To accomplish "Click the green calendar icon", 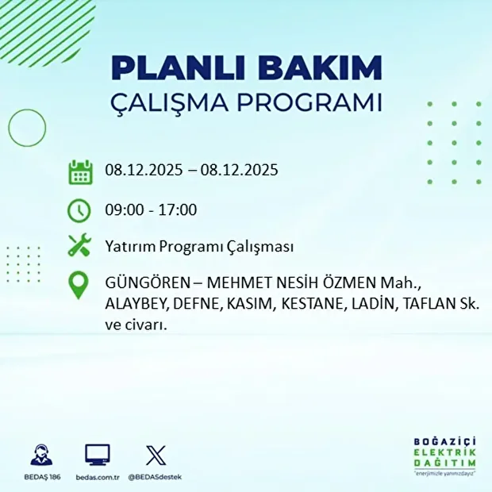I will pos(80,171).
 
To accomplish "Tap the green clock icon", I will pos(80,210).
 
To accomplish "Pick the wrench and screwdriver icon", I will pos(80,246).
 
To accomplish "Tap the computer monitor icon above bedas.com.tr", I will pos(98,455).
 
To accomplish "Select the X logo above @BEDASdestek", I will pos(156,455).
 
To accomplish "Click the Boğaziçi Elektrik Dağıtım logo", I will pos(445,456).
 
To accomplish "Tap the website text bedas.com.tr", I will pos(98,477).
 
